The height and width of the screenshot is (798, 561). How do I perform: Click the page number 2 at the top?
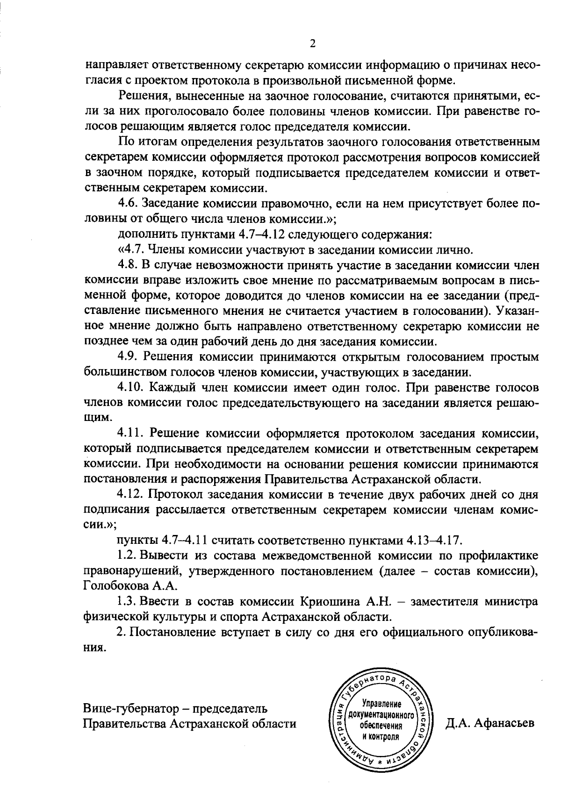313,44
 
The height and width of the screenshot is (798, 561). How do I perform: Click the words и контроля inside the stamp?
381,736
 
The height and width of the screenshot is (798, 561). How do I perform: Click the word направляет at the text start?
110,66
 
